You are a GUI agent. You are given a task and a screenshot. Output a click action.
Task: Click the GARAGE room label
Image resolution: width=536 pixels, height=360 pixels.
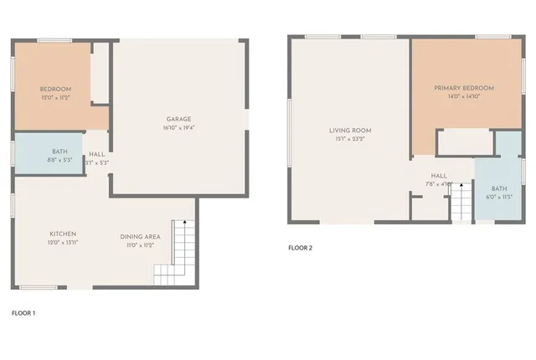click(x=176, y=118)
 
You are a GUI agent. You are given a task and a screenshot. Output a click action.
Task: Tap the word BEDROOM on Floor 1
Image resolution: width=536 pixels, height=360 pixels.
click(x=55, y=89)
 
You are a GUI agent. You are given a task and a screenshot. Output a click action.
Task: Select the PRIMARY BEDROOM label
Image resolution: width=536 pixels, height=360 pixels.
click(x=463, y=87)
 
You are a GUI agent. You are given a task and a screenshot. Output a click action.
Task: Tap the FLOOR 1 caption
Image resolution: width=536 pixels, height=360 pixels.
click(x=23, y=313)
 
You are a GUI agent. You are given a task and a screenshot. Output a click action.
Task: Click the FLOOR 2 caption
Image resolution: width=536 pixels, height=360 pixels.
click(x=300, y=248)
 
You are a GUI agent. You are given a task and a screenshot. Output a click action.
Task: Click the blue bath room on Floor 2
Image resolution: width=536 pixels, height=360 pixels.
click(x=498, y=193)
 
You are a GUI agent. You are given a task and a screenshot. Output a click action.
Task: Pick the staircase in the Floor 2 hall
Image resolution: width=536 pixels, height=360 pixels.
click(x=461, y=202)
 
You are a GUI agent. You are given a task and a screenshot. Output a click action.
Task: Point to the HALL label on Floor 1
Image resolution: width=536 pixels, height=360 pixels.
click(x=97, y=154)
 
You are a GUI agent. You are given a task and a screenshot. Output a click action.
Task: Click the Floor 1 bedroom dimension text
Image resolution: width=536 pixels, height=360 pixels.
click(x=55, y=99)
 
